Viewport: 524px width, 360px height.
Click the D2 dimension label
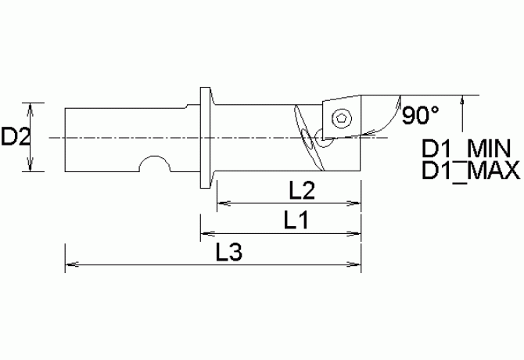click(15, 138)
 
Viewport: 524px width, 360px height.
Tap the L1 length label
click(295, 222)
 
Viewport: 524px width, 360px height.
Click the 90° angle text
click(420, 117)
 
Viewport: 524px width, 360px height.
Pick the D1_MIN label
click(466, 149)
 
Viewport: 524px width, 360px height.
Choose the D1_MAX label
click(470, 170)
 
